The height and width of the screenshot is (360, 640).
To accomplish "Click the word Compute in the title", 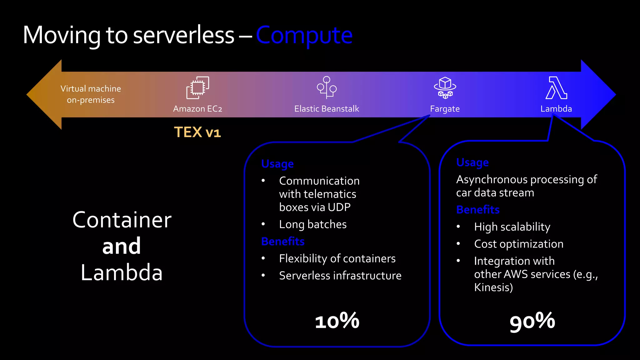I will pos(304,35).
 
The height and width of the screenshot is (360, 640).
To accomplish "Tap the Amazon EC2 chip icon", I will pos(197,88).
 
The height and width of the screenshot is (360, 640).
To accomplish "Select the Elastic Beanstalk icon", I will pos(327,87).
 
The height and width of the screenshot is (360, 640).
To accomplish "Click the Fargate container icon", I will pos(445,87).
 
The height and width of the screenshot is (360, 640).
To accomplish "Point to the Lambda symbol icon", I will pos(556,88).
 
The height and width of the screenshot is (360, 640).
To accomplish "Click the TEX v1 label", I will pos(197,132).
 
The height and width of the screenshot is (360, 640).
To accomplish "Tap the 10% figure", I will pos(337,321).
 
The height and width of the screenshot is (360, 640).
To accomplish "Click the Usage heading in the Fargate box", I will pos(277,164).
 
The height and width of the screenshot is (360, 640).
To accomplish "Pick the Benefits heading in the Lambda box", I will pos(478,209).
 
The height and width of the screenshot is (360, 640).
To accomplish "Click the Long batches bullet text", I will pos(313,224).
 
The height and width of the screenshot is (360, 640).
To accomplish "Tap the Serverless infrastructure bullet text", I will pos(340,276).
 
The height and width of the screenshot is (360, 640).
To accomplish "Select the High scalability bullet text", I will pos(512,227).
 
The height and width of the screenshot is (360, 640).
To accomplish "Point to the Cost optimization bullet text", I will pos(518,244).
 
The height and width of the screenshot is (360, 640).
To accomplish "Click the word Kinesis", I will pos(493,287).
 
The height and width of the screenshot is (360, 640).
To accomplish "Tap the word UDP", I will pos(339,207).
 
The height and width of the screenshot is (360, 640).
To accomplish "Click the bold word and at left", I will pos(122,246).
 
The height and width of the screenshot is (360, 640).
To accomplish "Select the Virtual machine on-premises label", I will pos(91,94).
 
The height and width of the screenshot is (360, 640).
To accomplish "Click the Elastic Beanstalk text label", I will pos(327,109).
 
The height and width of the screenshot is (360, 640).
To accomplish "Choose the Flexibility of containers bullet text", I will pos(337,258).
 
